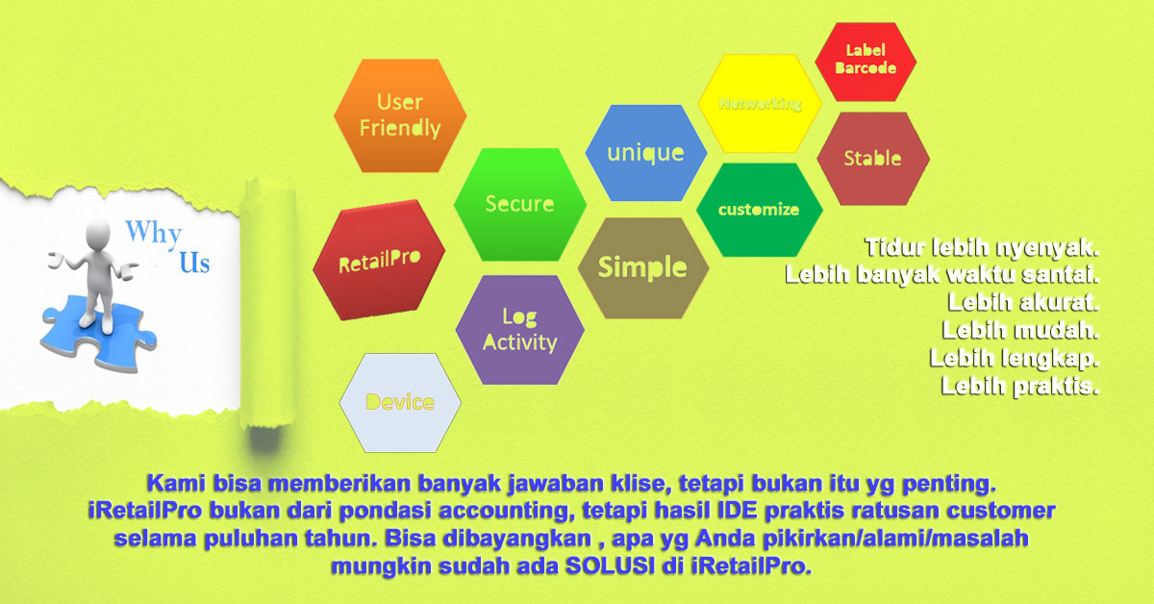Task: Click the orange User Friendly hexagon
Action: coord(400,115)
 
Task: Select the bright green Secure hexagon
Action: coord(519,204)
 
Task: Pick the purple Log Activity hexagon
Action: coord(519,329)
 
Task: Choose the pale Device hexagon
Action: coord(400,402)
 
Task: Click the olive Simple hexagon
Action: coord(642,267)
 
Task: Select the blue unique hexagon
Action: coord(645,153)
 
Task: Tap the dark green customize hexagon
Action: coord(759,209)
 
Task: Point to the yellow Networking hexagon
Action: coord(760,104)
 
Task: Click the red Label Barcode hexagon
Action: coord(865,60)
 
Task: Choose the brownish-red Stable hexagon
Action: coord(872,159)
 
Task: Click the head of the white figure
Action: coord(99,232)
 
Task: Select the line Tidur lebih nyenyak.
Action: coord(981,248)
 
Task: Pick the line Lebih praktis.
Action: coord(1019,388)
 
